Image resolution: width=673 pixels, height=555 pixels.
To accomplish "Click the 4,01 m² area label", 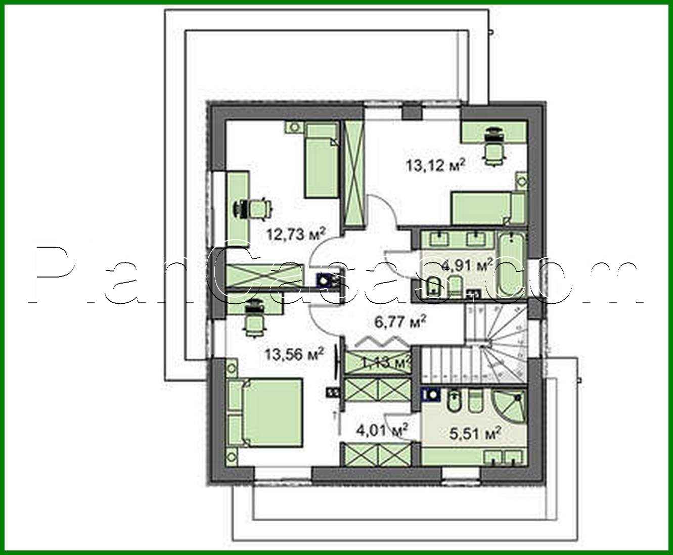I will pyautogui.click(x=382, y=430).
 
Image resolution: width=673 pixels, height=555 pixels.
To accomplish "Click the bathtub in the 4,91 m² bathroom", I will pyautogui.click(x=512, y=263).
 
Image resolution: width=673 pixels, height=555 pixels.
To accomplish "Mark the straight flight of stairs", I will pyautogui.click(x=443, y=364).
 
